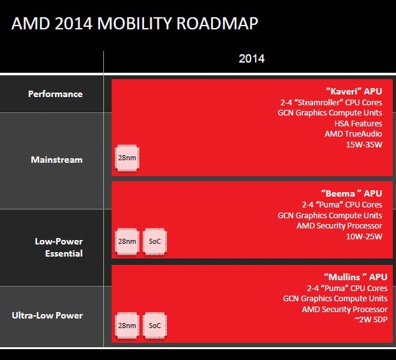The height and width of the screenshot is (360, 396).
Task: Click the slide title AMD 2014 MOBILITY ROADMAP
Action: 135,23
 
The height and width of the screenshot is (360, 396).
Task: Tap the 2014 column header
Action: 251,59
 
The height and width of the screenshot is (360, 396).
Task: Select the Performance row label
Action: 55,94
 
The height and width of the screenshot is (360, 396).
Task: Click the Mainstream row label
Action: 57,160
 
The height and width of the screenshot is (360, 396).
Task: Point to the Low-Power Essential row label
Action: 59,247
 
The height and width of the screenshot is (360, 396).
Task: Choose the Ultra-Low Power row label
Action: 47,315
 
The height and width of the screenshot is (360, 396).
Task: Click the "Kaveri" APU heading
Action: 354,91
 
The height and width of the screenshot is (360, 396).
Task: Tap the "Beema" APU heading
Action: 351,193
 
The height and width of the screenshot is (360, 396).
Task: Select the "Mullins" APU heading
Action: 356,277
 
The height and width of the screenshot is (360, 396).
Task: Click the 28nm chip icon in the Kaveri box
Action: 127,158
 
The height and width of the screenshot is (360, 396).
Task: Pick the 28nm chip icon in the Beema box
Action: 127,241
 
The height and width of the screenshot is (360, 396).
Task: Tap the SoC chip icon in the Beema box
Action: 154,241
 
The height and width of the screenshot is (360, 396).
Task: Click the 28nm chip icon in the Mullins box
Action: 127,326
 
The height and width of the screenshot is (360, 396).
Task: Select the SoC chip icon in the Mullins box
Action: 154,326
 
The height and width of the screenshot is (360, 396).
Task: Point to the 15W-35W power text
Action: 364,145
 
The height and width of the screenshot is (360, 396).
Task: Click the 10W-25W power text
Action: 364,237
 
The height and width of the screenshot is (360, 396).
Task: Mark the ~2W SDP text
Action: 370,320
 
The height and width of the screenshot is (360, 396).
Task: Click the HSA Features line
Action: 358,124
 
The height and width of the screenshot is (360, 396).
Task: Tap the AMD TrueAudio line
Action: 353,134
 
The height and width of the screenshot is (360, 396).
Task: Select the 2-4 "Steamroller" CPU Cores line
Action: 331,102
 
